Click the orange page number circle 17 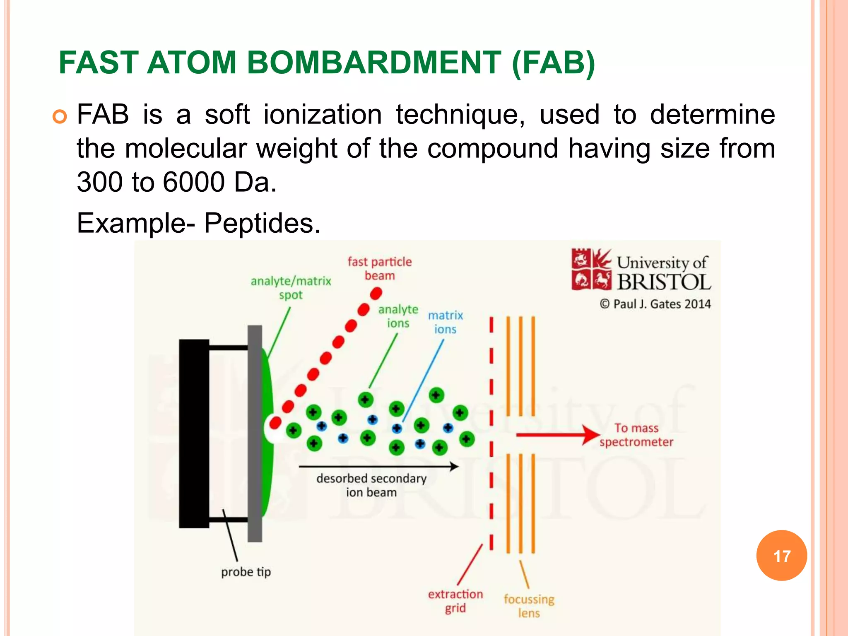(781, 556)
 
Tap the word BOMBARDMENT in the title (374, 63)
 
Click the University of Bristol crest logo (591, 269)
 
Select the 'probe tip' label (246, 572)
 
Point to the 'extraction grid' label (455, 601)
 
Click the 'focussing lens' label (529, 606)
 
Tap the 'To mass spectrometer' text (636, 435)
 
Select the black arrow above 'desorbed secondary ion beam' (378, 467)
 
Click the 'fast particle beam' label (380, 268)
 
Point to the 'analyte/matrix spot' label (291, 288)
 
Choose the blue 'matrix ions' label (445, 322)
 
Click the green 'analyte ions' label (398, 316)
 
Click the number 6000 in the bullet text (193, 182)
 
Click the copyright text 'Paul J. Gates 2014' (655, 304)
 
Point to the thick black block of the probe (194, 434)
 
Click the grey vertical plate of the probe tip (255, 434)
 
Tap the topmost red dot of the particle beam (376, 294)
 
